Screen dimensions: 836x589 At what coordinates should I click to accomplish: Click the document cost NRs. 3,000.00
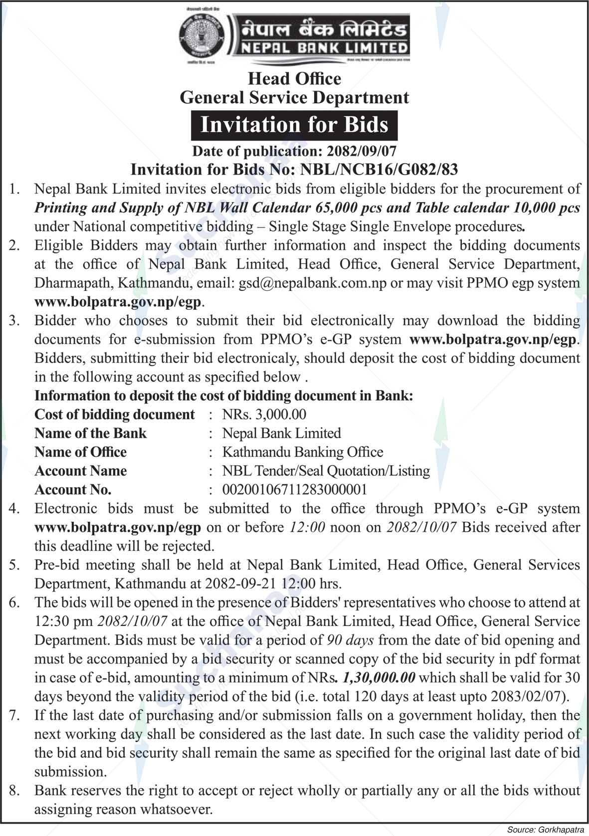[264, 414]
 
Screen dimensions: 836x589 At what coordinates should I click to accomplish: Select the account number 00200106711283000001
[294, 489]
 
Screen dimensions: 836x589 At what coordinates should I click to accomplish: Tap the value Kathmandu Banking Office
[302, 452]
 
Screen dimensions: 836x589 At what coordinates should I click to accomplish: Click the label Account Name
[80, 471]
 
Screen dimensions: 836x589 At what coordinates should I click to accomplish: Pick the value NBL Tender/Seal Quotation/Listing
[326, 471]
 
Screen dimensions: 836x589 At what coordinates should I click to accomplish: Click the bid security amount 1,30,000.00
[379, 677]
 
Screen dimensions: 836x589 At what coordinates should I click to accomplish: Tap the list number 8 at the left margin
[14, 791]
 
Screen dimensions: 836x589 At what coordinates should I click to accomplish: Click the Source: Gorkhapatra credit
[545, 831]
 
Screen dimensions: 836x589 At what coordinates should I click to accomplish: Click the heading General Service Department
[294, 97]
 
